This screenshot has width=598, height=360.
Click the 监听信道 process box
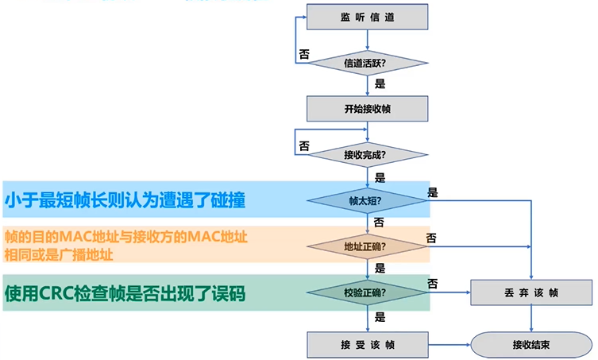point(368,17)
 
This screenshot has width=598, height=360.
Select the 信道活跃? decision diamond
point(368,62)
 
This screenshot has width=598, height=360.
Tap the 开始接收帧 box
point(368,109)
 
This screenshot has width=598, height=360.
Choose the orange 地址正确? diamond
point(368,246)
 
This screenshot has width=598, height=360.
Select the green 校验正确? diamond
point(368,292)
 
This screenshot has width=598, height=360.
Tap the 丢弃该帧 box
point(531,292)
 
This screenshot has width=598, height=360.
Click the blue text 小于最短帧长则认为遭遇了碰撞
point(125,200)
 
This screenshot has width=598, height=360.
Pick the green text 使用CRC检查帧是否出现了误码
point(125,293)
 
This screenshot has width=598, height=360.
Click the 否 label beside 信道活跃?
point(303,54)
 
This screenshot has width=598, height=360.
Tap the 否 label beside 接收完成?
point(303,146)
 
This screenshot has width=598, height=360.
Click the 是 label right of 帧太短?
point(433,192)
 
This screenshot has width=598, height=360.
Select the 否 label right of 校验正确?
point(433,283)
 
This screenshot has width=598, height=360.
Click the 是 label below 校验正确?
point(380,317)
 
